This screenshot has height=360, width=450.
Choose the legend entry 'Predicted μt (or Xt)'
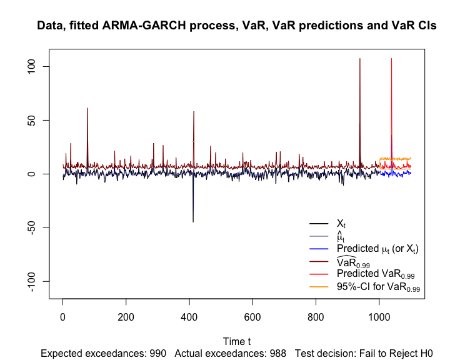tap(377, 249)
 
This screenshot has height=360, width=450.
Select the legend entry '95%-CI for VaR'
tap(378, 287)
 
